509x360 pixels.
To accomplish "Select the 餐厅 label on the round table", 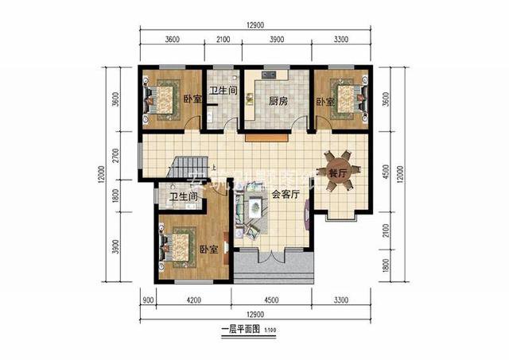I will coord(338,173).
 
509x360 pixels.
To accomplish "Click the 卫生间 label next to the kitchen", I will coord(223,91).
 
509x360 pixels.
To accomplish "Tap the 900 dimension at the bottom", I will coord(148,302).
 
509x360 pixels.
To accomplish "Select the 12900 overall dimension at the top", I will coord(254,25).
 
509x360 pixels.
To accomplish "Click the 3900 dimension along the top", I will coord(277,39).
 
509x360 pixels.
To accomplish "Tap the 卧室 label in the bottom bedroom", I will coord(208,248).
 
